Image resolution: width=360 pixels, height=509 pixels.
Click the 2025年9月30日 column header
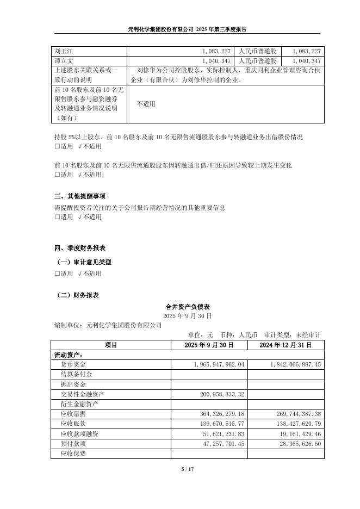209,345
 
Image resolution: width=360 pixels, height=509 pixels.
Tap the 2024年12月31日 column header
285,345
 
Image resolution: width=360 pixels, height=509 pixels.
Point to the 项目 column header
110,345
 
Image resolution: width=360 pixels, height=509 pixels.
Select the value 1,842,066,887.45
287,364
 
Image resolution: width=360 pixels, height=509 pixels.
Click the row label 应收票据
73,414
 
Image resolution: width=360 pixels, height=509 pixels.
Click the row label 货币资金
73,364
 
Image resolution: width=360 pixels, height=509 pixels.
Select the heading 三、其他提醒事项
79,196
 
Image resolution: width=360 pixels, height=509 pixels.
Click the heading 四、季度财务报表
79,248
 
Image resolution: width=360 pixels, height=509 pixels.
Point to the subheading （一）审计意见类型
84,262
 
